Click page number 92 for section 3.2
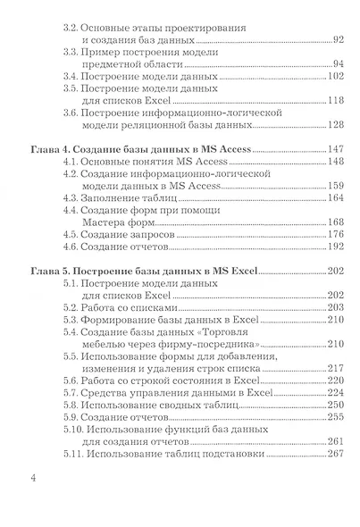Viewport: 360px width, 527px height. pyautogui.click(x=336, y=40)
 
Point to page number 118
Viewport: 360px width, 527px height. pyautogui.click(x=334, y=100)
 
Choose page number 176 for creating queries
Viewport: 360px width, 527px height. pyautogui.click(x=334, y=235)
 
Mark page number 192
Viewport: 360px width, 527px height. pyautogui.click(x=334, y=247)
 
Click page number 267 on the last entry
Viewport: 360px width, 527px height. pyautogui.click(x=334, y=454)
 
